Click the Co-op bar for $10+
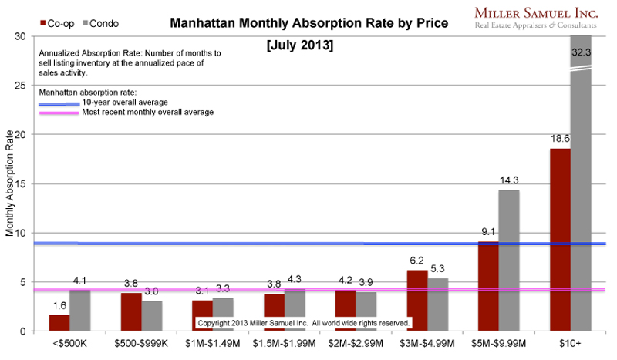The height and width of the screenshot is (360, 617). coord(559,240)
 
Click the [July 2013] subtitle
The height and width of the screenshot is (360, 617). coord(299,45)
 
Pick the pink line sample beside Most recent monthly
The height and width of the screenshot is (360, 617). coord(59,113)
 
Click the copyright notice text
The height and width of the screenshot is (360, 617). coord(304,322)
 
